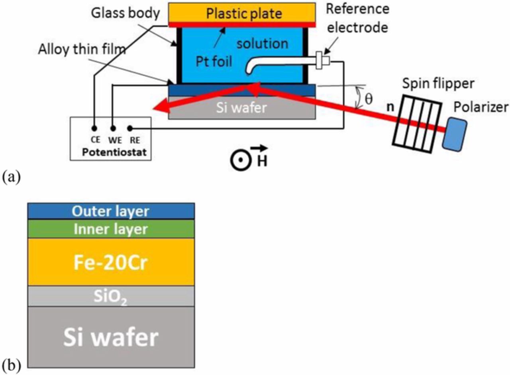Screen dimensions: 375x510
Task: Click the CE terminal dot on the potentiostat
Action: tap(94, 128)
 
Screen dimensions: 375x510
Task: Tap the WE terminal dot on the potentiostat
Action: tap(113, 128)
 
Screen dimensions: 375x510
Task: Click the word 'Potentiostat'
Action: tap(111, 152)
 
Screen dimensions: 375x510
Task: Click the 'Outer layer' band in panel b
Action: tap(111, 211)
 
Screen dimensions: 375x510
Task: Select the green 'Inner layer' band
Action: tap(111, 229)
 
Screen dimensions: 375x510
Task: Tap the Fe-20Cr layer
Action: tap(111, 262)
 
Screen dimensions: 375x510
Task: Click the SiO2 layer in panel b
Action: tap(111, 296)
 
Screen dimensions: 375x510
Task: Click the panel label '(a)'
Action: tap(11, 176)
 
